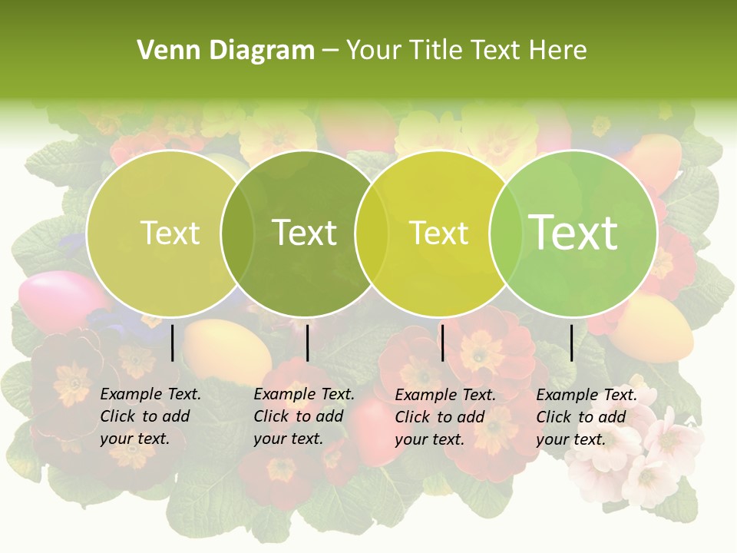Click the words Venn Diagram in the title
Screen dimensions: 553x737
226,51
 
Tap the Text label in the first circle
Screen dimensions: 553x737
170,233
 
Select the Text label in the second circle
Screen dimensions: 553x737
305,233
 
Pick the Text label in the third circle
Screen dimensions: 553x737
439,233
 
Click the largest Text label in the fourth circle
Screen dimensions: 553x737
573,233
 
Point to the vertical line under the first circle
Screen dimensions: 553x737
173,343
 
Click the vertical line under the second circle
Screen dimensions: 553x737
307,343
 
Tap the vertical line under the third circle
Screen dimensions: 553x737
443,343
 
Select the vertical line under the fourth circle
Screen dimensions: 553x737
572,343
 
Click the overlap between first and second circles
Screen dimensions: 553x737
238,233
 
